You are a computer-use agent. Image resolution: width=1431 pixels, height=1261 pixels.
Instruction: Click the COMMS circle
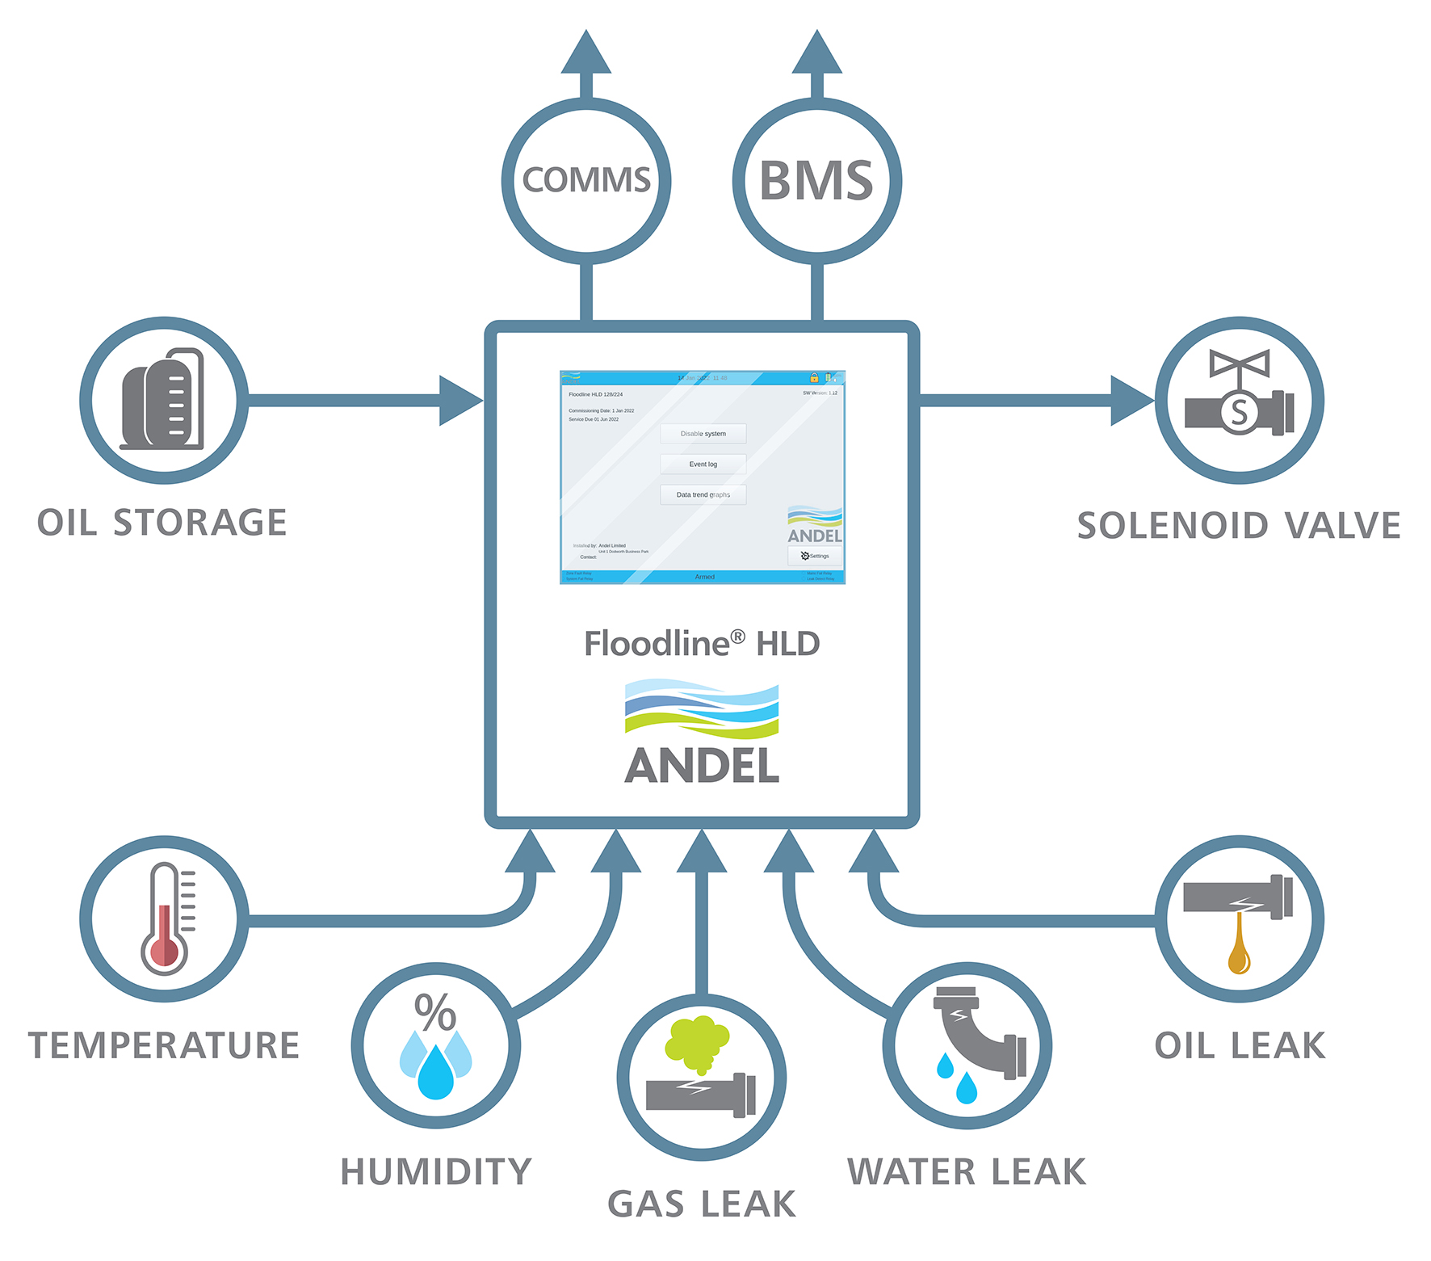586,180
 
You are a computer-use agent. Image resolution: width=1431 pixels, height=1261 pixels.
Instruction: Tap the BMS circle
816,180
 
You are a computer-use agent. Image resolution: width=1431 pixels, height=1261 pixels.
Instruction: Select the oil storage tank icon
163,399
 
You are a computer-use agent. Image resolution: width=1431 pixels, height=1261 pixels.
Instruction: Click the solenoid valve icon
1239,395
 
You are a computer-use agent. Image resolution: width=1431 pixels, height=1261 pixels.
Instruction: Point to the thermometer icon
166,919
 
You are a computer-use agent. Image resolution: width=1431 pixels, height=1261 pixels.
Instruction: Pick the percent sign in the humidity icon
435,1011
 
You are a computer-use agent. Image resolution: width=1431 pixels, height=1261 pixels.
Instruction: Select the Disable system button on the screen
703,434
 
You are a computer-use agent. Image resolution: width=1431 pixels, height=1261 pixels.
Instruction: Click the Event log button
703,464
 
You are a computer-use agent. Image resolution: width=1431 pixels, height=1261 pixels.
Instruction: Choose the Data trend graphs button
703,494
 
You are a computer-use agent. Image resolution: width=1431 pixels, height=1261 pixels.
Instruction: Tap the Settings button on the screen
815,556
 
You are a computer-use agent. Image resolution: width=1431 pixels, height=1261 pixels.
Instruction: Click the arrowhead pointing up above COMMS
586,53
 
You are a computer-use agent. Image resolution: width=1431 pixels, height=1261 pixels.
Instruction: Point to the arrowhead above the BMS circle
816,53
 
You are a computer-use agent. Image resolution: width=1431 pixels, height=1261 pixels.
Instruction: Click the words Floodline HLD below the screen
702,644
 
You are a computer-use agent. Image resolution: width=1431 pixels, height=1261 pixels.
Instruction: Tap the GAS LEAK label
702,1204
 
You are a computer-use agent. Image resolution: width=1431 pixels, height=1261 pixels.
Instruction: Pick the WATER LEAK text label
967,1172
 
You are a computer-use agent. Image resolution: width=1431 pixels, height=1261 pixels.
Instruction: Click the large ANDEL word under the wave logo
702,766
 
